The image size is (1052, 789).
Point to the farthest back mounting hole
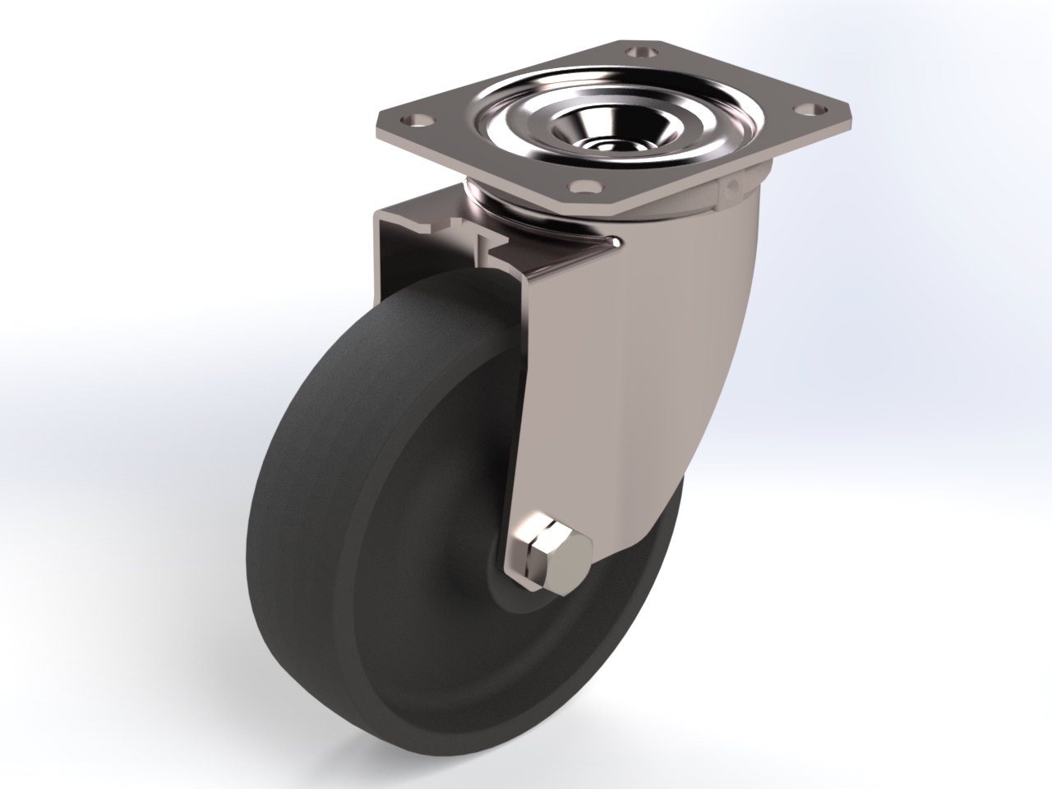click(640, 50)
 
